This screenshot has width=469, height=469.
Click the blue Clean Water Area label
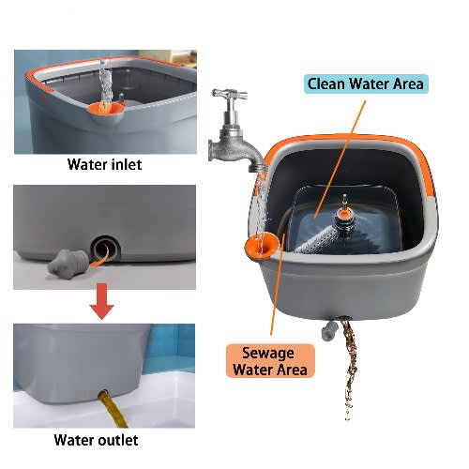point(366,83)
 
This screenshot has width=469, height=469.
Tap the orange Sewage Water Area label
point(270,361)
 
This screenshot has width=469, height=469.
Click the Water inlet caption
point(104,164)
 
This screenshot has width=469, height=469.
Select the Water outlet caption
point(96,440)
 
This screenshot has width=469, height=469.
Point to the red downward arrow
point(101,301)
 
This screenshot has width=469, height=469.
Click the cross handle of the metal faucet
point(230,94)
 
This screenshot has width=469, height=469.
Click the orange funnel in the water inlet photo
point(105,111)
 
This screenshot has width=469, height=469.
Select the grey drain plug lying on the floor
point(68,265)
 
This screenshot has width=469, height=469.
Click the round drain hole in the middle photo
point(105,249)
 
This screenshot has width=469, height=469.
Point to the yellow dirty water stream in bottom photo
point(113,408)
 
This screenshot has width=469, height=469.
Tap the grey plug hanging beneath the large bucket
point(329,330)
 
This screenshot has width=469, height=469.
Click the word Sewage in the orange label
point(268,354)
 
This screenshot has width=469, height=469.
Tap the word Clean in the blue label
point(326,83)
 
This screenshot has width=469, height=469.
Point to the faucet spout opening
point(257,170)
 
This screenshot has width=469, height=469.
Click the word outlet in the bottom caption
point(118,440)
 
